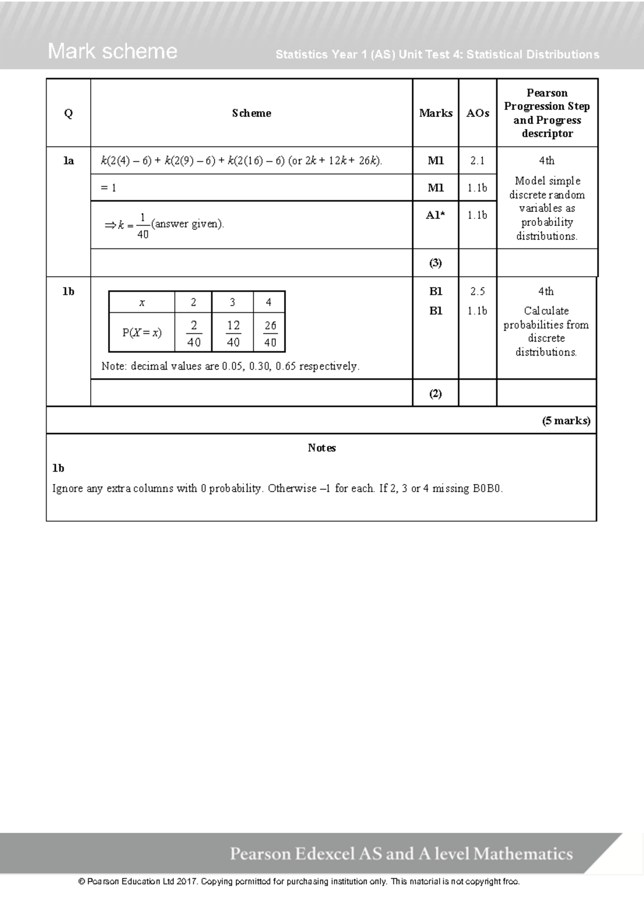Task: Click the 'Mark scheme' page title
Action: [x=112, y=52]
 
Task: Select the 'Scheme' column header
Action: [x=251, y=113]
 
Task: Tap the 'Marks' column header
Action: [x=435, y=113]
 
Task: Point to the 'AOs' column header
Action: [x=477, y=113]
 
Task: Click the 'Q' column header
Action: [x=68, y=113]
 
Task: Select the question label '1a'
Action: [x=68, y=160]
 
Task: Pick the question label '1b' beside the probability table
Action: [x=68, y=291]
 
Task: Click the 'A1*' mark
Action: [x=435, y=215]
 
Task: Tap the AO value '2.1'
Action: [x=477, y=160]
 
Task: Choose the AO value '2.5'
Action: [x=477, y=291]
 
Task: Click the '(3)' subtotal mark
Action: [x=435, y=263]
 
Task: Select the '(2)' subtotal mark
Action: [x=435, y=393]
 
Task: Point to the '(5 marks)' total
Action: [x=566, y=421]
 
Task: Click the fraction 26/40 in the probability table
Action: [x=270, y=333]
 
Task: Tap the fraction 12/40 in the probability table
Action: [x=233, y=333]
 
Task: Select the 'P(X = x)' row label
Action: [x=142, y=333]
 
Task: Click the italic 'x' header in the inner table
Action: [x=142, y=303]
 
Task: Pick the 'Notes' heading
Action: [x=321, y=448]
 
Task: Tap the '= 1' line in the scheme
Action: [x=108, y=188]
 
